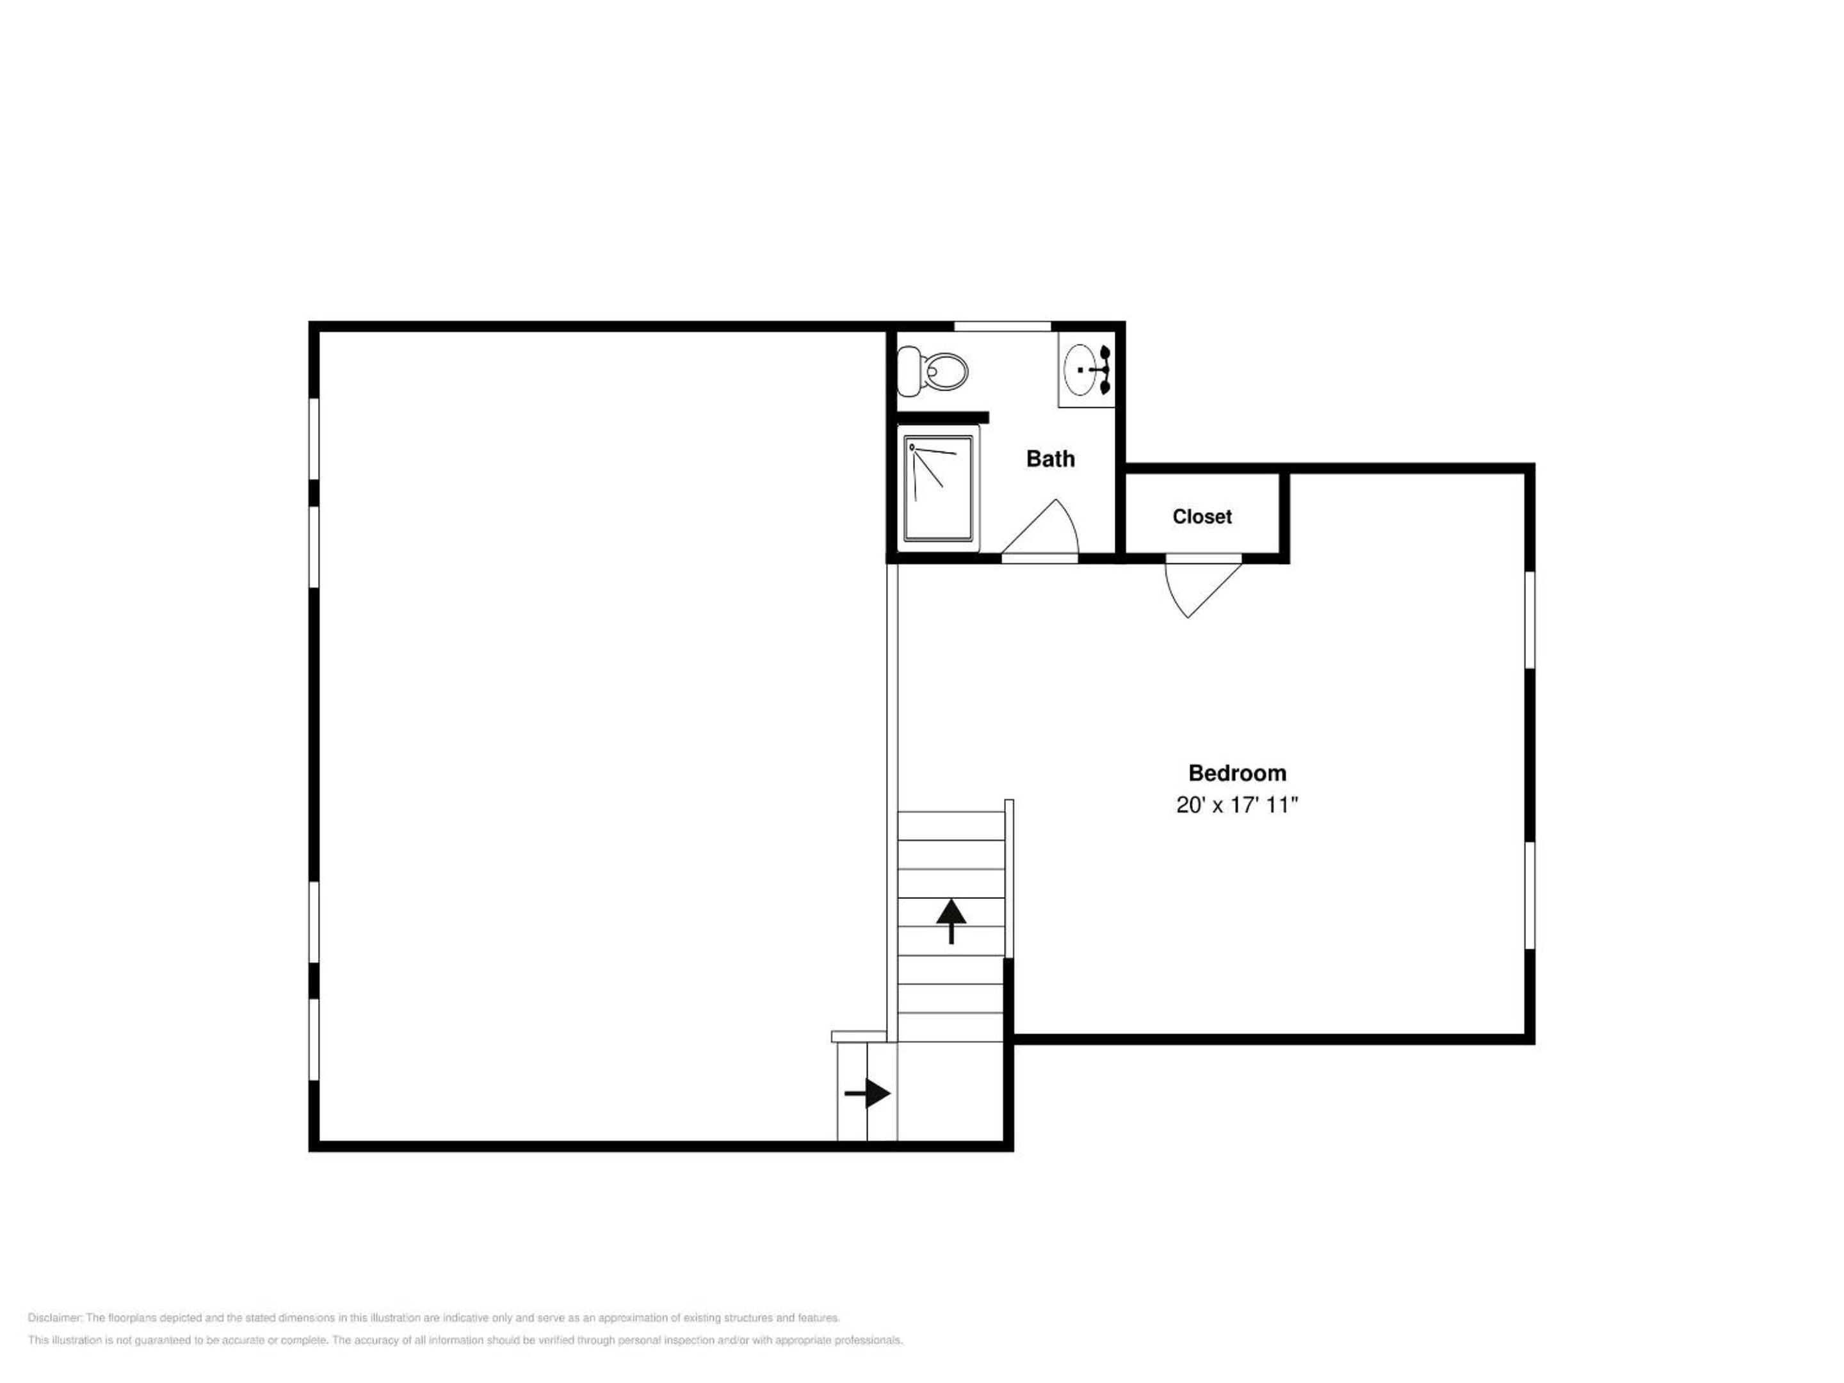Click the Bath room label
pyautogui.click(x=1051, y=458)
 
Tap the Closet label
pyautogui.click(x=1202, y=517)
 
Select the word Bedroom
pyautogui.click(x=1237, y=773)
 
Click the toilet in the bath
pyautogui.click(x=933, y=371)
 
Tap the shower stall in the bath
pyautogui.click(x=939, y=488)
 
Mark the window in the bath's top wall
pyautogui.click(x=1002, y=326)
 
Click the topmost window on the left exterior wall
pyautogui.click(x=314, y=439)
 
